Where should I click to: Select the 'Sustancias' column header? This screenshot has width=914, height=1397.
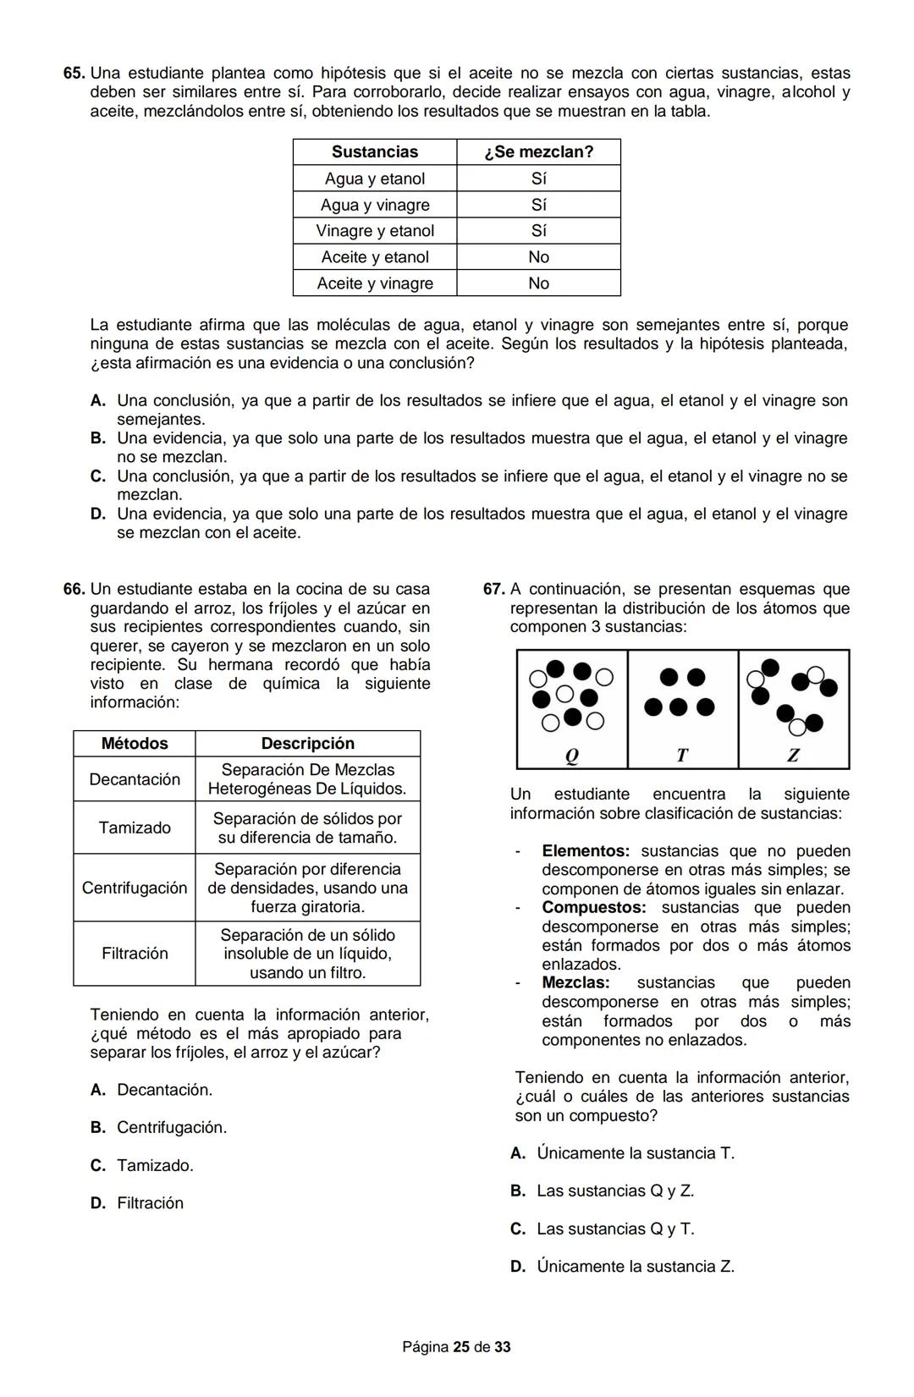(375, 152)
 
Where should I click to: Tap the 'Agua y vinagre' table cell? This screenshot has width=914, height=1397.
(375, 205)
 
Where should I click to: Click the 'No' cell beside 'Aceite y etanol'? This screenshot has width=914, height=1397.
(538, 257)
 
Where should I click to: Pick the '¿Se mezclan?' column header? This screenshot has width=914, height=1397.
(538, 152)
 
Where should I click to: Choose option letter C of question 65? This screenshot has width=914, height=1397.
(98, 476)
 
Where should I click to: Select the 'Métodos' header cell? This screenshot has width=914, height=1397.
(135, 744)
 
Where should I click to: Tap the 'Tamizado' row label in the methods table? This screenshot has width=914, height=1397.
(135, 828)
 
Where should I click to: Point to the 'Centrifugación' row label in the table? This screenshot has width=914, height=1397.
(135, 888)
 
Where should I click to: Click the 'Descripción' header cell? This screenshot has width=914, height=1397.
(307, 744)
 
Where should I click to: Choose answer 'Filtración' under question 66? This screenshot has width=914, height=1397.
(150, 1203)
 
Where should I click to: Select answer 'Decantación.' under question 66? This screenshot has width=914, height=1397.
(164, 1090)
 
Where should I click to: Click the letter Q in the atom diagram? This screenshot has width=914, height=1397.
(571, 756)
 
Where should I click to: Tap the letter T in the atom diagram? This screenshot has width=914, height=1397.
(682, 756)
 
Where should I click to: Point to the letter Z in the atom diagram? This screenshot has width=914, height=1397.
(793, 756)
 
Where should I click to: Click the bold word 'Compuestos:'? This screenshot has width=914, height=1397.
(593, 908)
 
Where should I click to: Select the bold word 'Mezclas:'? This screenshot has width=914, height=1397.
(575, 983)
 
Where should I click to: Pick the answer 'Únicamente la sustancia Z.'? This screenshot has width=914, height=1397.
(636, 1267)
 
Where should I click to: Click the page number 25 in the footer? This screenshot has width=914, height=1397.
(461, 1347)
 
